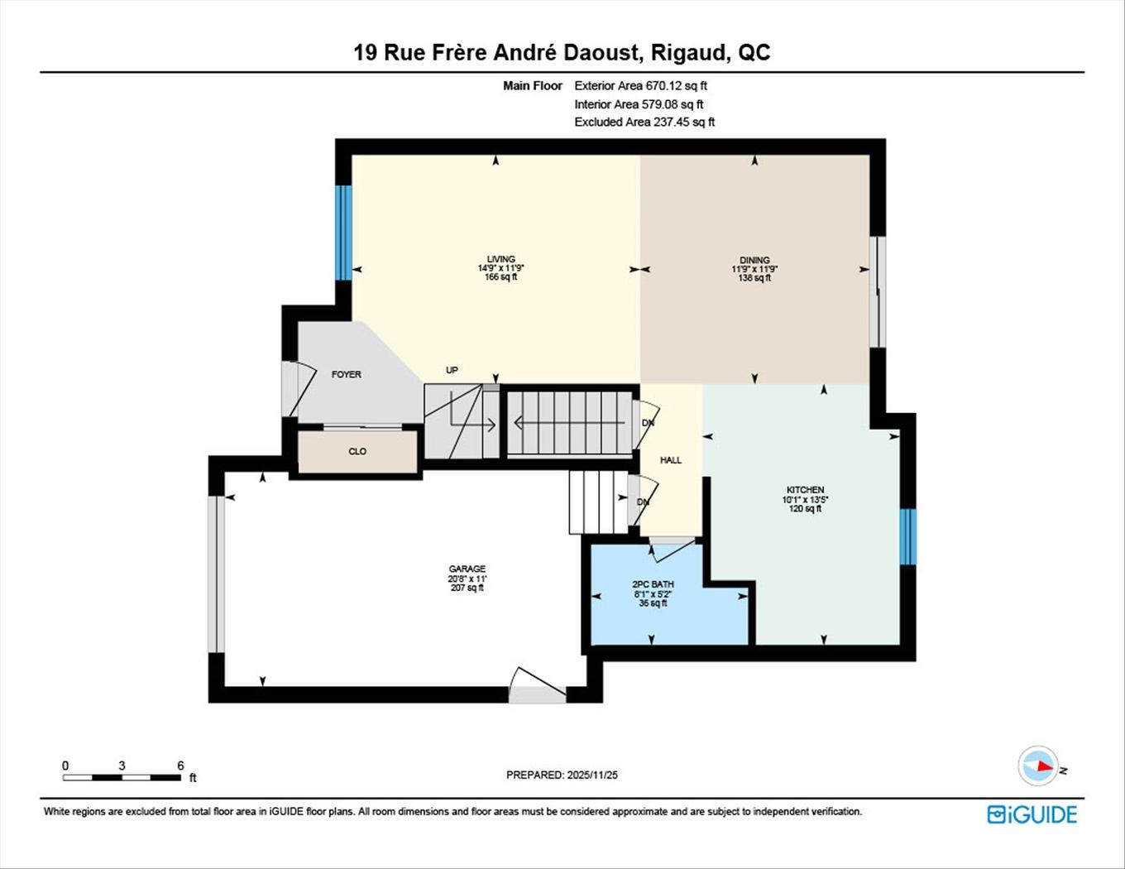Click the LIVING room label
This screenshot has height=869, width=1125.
point(500,259)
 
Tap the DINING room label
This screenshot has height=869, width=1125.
point(754,260)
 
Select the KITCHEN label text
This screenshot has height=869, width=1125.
point(805,490)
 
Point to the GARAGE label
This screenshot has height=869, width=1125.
point(467,569)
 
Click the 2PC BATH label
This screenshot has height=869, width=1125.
point(653,584)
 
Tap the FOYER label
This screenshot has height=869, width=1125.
point(346,374)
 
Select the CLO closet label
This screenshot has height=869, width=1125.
point(357,451)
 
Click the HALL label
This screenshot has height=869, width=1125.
point(670,460)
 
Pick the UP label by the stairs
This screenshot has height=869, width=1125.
point(452,370)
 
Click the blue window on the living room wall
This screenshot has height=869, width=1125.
point(343,233)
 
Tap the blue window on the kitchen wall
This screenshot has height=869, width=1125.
point(907,536)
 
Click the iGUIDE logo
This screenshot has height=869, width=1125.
point(1032,814)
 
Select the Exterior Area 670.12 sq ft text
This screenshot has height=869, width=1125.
point(640,85)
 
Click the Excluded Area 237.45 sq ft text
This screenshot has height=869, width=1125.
point(644,122)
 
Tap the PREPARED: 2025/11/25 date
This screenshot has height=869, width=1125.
point(562,775)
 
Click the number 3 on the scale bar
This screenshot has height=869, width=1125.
point(122,766)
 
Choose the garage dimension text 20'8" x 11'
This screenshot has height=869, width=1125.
point(467,579)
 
